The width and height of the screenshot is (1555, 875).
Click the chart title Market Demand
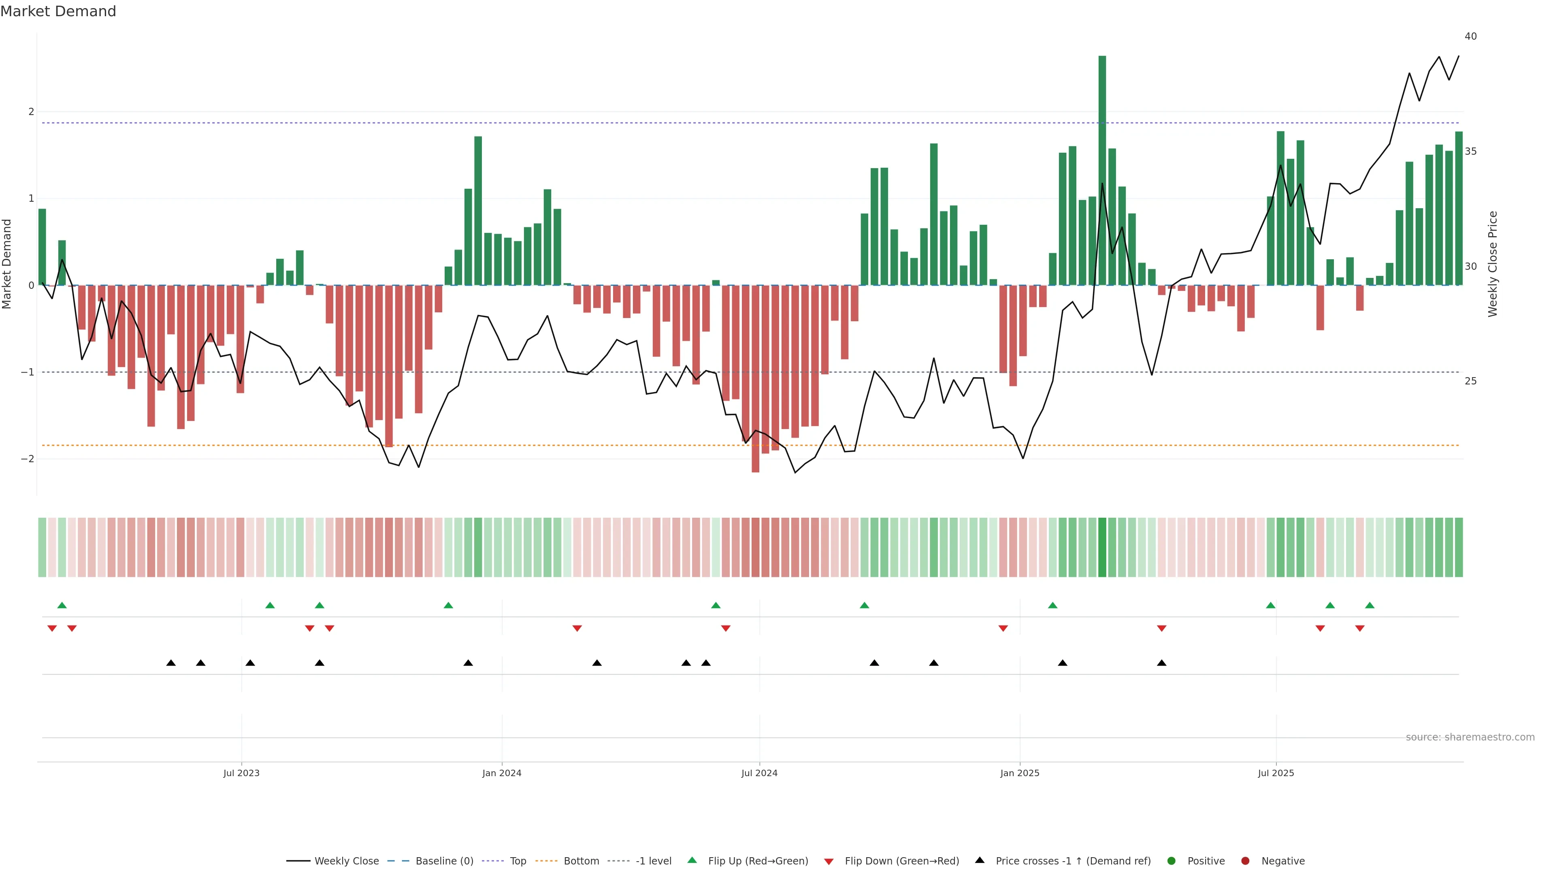click(58, 11)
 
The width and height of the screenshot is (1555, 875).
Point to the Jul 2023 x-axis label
click(241, 773)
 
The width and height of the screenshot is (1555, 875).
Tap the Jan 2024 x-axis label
click(502, 773)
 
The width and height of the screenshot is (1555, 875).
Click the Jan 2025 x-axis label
click(1020, 773)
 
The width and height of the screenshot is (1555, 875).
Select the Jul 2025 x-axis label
click(1276, 773)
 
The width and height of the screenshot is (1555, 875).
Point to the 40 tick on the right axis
click(1470, 36)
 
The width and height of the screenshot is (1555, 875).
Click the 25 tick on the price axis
click(1470, 381)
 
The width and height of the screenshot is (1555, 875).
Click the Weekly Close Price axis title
click(1493, 264)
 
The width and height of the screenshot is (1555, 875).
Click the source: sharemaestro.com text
click(1470, 737)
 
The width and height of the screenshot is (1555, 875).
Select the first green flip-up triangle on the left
click(62, 605)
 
